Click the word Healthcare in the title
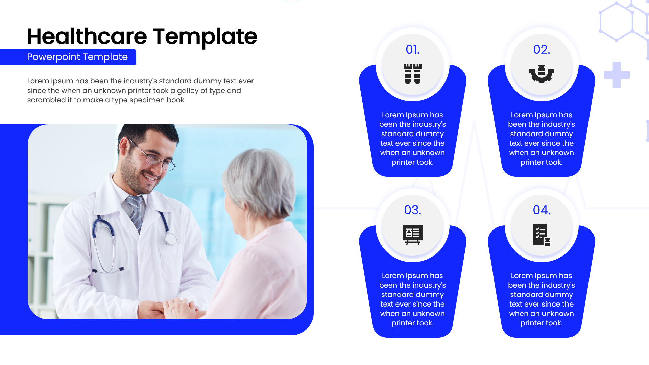pyautogui.click(x=87, y=36)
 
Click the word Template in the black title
pyautogui.click(x=205, y=36)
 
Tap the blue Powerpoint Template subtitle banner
pyautogui.click(x=77, y=57)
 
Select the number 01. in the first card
pyautogui.click(x=412, y=50)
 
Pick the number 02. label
pyautogui.click(x=542, y=50)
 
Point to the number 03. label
pyautogui.click(x=412, y=210)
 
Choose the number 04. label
pyautogui.click(x=542, y=210)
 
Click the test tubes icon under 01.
pyautogui.click(x=412, y=74)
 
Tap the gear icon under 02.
pyautogui.click(x=542, y=74)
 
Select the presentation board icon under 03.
pyautogui.click(x=412, y=235)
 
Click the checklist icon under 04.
pyautogui.click(x=542, y=235)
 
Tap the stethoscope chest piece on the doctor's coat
pyautogui.click(x=171, y=239)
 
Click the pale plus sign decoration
pyautogui.click(x=617, y=75)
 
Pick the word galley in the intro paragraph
pyautogui.click(x=188, y=91)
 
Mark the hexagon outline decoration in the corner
pyautogui.click(x=617, y=22)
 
